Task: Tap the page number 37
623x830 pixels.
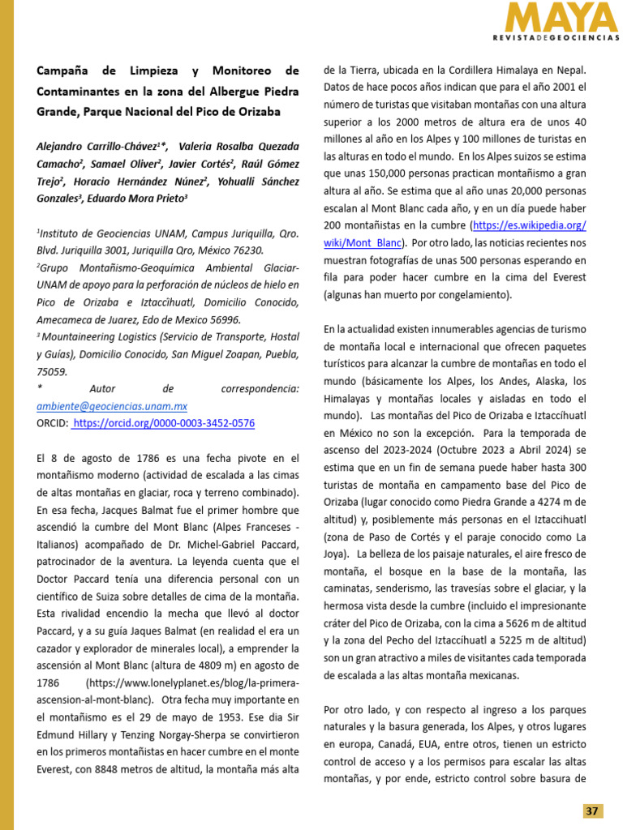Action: pos(593,811)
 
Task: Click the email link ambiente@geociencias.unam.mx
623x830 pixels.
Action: pos(112,406)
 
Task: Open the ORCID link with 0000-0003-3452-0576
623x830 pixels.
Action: pos(163,423)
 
